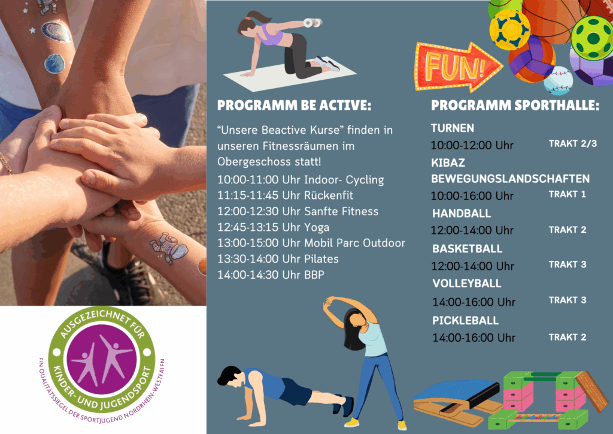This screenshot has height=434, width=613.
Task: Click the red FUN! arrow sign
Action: tap(457, 67)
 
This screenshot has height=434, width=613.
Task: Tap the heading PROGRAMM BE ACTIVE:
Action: tap(294, 106)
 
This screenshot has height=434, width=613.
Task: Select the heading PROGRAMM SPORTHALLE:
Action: tap(515, 106)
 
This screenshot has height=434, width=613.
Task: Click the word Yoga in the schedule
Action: tap(317, 228)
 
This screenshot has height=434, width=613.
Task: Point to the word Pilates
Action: tap(321, 259)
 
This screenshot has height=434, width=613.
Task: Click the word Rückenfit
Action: tap(329, 195)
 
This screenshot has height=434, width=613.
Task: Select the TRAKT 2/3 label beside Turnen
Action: tap(573, 144)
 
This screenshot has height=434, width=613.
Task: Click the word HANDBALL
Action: tap(462, 213)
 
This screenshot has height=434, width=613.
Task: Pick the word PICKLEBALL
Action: tap(465, 321)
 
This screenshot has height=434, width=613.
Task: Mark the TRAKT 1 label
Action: tap(568, 194)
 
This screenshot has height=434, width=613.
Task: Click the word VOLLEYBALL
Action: tap(467, 284)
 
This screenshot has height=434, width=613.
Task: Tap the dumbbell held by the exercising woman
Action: tap(312, 23)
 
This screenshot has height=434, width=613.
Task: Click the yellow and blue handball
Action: tap(509, 30)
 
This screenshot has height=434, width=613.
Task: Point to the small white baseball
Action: tap(558, 81)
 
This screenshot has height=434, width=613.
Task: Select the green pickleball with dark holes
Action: tap(592, 38)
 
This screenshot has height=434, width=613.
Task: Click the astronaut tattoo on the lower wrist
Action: tap(169, 248)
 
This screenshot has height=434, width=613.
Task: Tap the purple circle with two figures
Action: tap(102, 359)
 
